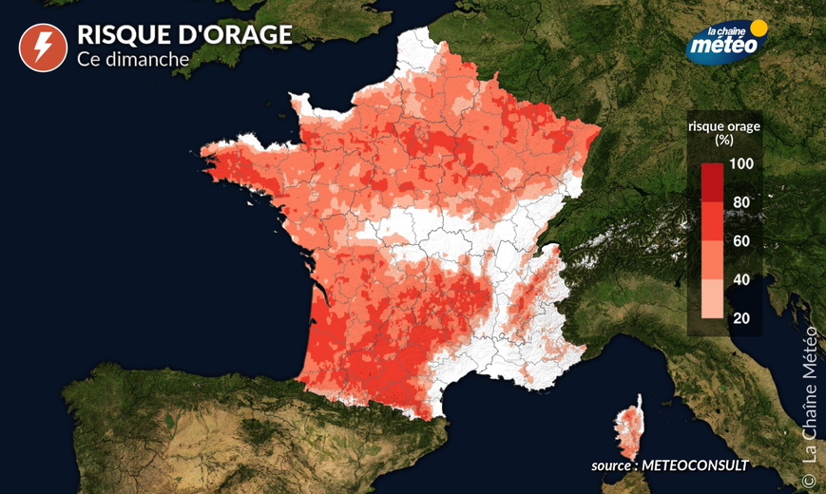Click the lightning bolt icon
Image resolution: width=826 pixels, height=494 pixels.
[x=38, y=48]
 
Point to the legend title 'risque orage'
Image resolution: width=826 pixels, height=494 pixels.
[x=723, y=124]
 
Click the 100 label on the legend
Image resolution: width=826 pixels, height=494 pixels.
[x=741, y=164]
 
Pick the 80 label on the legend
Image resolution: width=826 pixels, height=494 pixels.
[x=741, y=202]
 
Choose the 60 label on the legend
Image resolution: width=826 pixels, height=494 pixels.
[x=741, y=240]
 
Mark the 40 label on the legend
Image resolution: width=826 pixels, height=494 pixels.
[x=741, y=278]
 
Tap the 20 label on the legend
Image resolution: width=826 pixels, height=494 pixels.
[x=741, y=317]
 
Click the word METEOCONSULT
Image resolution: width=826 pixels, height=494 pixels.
[x=695, y=465]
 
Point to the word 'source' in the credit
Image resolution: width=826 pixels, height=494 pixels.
[x=611, y=465]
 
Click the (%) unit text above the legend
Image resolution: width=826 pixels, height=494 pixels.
[x=723, y=139]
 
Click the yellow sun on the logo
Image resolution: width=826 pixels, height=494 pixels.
[x=759, y=28]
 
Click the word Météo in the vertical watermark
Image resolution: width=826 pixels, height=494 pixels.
[x=810, y=353]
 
